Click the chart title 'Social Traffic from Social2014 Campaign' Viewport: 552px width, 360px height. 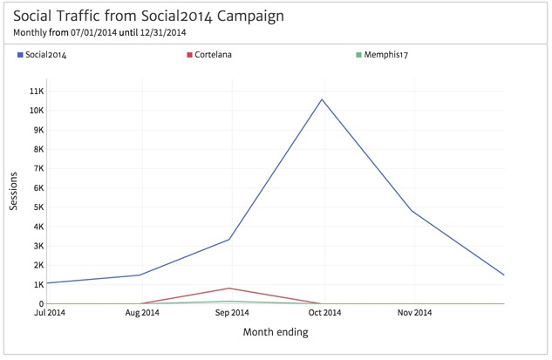tap(148, 16)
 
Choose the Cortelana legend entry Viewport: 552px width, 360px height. tap(213, 55)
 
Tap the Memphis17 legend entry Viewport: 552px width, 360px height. tap(387, 55)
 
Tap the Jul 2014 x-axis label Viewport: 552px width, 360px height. tap(50, 312)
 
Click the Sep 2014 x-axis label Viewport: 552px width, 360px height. tap(230, 312)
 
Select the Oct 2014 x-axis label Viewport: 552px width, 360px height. tap(323, 312)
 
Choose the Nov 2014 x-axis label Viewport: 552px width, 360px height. tap(413, 312)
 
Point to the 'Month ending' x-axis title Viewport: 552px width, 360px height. tap(276, 331)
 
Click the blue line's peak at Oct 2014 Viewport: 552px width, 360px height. tap(322, 98)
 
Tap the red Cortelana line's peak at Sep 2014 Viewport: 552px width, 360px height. tap(230, 288)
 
